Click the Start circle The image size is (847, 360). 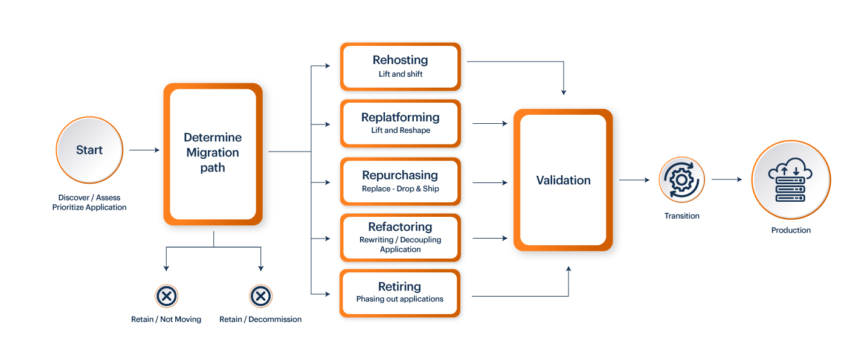(89, 150)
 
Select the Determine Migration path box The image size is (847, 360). (213, 154)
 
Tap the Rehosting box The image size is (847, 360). (401, 66)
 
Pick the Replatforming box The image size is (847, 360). (401, 124)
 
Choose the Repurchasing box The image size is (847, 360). (401, 182)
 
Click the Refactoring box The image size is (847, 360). (401, 237)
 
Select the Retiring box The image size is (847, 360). (400, 293)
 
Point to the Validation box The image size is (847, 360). (563, 180)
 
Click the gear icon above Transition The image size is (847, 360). (681, 179)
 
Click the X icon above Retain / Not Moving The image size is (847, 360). (166, 296)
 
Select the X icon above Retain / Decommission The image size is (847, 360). (260, 296)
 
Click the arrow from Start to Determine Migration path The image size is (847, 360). (144, 150)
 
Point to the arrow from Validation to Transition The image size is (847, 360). (634, 180)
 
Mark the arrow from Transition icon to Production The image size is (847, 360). (727, 179)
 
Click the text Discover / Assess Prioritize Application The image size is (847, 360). (89, 202)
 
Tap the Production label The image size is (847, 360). (791, 230)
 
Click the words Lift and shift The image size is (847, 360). (401, 74)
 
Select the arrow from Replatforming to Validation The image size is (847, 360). (490, 123)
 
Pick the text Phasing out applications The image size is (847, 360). (400, 299)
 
